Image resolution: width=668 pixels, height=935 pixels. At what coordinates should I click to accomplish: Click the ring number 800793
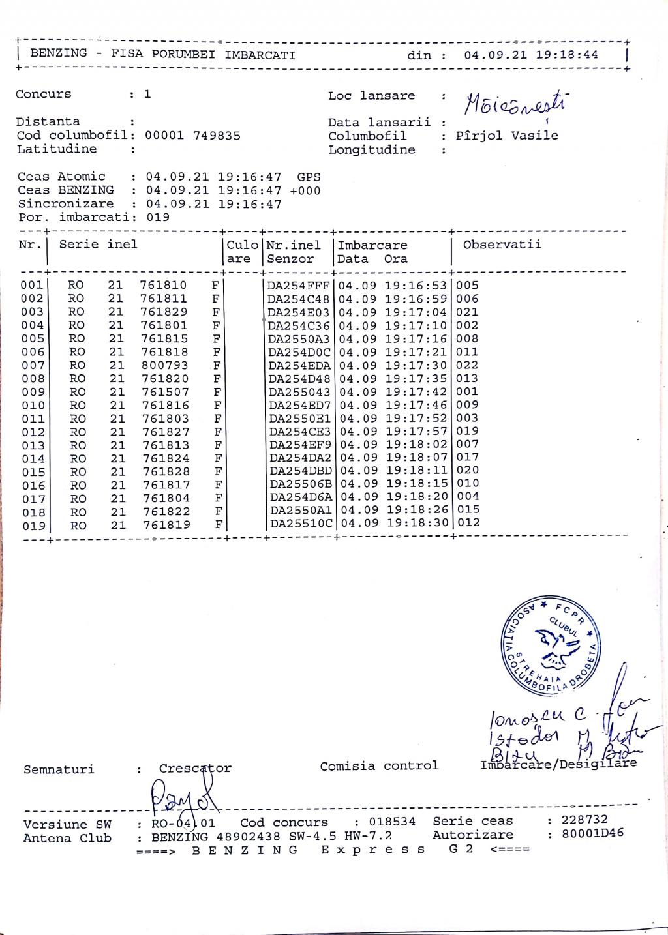164,365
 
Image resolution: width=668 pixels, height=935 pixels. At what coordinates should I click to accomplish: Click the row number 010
33,406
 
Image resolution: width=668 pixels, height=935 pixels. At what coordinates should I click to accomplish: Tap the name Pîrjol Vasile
507,136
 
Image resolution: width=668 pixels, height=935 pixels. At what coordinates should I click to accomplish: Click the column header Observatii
502,245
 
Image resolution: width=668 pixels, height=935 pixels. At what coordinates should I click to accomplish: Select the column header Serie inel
99,245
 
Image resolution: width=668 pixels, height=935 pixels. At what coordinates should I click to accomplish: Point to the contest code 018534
392,822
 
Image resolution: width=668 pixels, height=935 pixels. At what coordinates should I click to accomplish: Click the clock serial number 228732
584,820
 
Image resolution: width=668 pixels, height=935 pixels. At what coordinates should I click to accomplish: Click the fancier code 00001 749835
192,136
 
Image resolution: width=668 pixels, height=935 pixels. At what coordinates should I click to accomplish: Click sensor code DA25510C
301,523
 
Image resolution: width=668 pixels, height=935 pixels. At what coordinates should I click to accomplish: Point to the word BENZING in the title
58,53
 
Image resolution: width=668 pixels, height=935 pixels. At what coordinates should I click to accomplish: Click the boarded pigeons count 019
158,217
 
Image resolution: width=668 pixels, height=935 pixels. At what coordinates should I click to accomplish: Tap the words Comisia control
379,766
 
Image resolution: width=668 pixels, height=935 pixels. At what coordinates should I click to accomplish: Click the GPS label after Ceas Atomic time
309,177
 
